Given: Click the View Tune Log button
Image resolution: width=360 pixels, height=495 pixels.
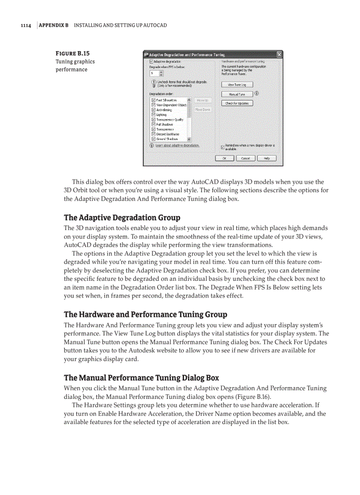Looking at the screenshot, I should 237,84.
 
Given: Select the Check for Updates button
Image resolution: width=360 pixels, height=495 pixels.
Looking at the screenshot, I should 237,104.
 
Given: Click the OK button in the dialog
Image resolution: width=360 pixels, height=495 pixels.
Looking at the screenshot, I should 225,158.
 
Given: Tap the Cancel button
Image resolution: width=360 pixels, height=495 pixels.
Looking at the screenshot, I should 245,158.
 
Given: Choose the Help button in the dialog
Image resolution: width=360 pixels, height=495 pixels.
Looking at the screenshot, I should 266,158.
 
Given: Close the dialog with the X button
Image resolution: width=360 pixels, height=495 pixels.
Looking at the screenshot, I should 279,55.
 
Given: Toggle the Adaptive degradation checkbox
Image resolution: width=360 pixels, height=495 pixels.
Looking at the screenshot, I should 151,61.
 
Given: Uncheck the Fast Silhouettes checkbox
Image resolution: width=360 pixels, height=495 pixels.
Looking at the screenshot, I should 153,100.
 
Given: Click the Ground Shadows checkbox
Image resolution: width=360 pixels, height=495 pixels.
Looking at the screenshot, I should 153,139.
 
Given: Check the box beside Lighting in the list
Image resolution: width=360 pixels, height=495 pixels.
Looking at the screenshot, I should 153,115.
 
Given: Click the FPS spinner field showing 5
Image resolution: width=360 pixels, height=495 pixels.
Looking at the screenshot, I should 154,73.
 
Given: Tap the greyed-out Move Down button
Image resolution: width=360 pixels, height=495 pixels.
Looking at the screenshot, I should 202,110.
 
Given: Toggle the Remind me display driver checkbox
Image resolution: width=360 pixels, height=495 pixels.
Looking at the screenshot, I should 222,147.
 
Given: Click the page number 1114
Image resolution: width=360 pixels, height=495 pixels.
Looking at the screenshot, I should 26,25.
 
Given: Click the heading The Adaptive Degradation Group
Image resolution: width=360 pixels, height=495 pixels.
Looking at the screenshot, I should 122,218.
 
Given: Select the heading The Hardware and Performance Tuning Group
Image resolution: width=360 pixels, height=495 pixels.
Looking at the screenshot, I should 146,315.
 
